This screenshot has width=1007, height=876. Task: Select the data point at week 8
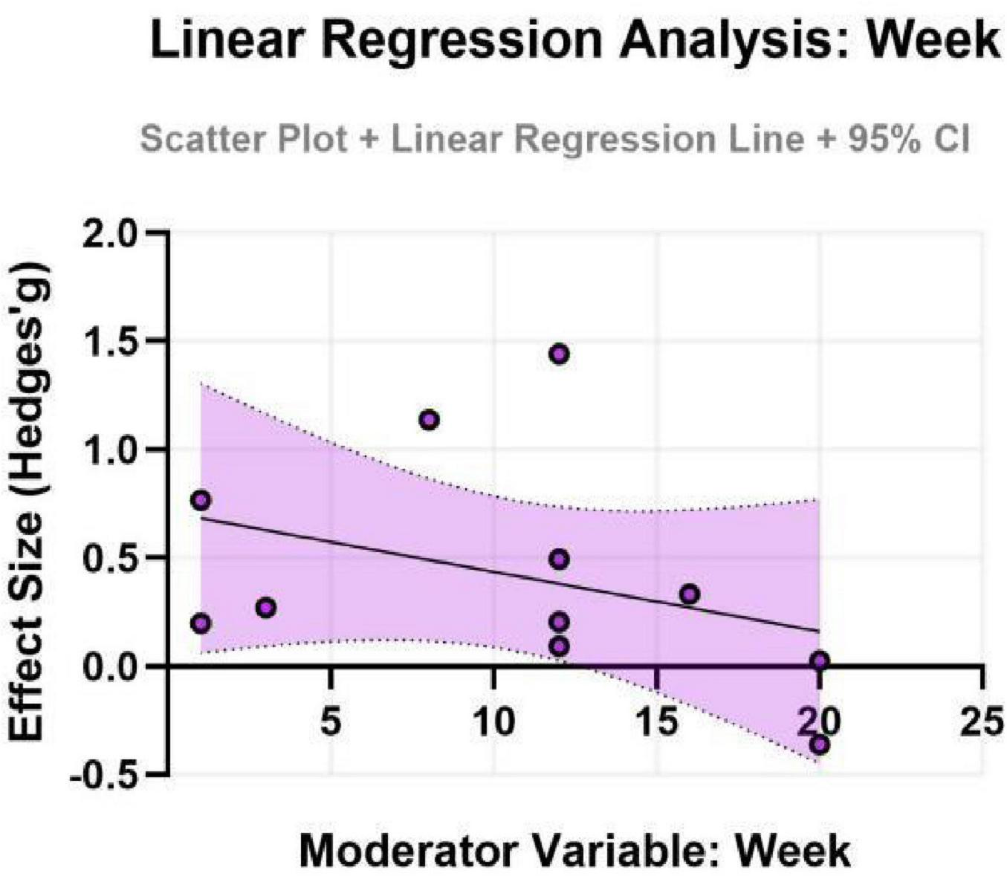tap(429, 420)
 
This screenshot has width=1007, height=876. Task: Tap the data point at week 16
tap(690, 594)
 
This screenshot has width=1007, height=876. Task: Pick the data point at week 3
tap(266, 608)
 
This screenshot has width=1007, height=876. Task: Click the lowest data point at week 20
tap(820, 744)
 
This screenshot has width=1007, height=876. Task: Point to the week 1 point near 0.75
tap(200, 500)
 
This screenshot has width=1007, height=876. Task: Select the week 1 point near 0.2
tap(200, 623)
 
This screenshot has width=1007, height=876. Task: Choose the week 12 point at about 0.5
tap(560, 559)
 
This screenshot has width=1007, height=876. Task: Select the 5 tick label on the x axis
tap(331, 721)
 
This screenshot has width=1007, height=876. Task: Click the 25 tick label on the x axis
tap(982, 721)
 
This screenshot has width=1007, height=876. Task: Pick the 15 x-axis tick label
tap(656, 721)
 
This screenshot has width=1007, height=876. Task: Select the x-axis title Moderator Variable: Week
tap(574, 850)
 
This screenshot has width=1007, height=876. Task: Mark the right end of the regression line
tap(819, 632)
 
